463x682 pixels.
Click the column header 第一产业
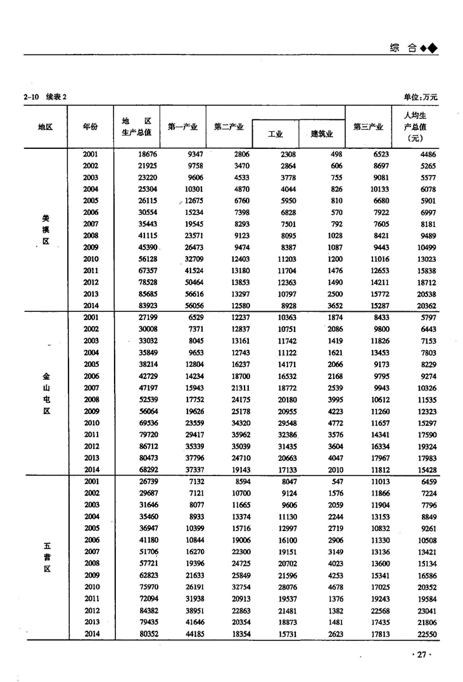[182, 127]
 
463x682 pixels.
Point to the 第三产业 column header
[368, 127]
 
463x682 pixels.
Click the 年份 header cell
[91, 127]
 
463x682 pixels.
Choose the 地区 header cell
[45, 127]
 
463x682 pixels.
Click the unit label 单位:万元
[420, 97]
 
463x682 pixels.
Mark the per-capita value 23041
[424, 610]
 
